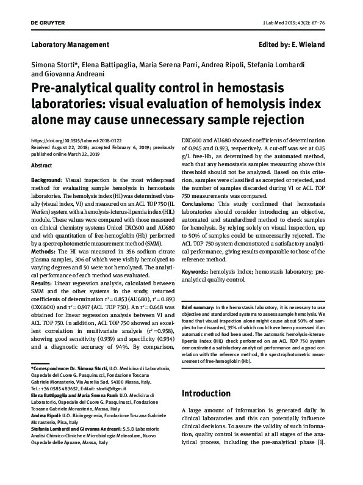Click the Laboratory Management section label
[70, 45]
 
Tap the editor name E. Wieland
[311, 45]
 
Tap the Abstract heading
[41, 166]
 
